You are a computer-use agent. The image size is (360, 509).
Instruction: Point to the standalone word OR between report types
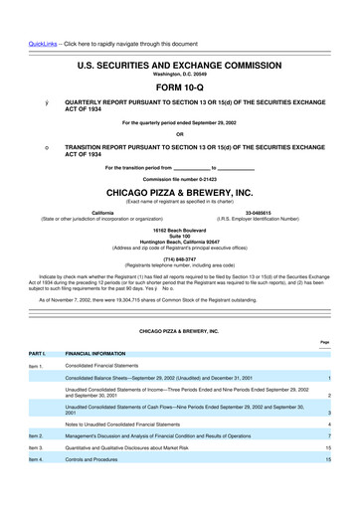(x=180, y=134)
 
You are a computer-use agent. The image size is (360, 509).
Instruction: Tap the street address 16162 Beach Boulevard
(x=180, y=231)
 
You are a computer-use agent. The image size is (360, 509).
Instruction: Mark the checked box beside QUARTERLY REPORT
(x=34, y=102)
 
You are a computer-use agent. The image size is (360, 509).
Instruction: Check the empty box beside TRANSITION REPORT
(x=34, y=145)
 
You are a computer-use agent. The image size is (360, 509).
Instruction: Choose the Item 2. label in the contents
(x=36, y=464)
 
